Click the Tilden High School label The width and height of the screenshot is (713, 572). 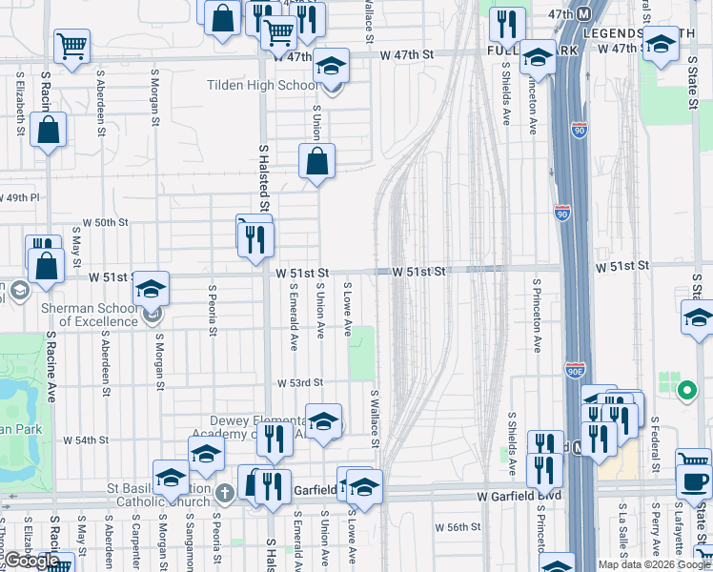click(x=263, y=85)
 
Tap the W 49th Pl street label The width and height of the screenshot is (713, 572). click(x=20, y=197)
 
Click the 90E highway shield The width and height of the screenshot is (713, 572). click(x=574, y=367)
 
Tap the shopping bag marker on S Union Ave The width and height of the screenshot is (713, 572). click(x=317, y=161)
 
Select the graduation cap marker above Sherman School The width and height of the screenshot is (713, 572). click(x=151, y=288)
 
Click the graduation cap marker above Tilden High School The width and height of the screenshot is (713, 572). click(x=332, y=65)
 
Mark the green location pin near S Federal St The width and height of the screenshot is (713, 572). click(x=685, y=390)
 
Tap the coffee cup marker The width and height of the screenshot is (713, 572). click(x=694, y=480)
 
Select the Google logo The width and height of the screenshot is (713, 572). click(x=32, y=561)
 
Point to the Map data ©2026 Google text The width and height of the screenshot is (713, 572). click(x=654, y=564)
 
